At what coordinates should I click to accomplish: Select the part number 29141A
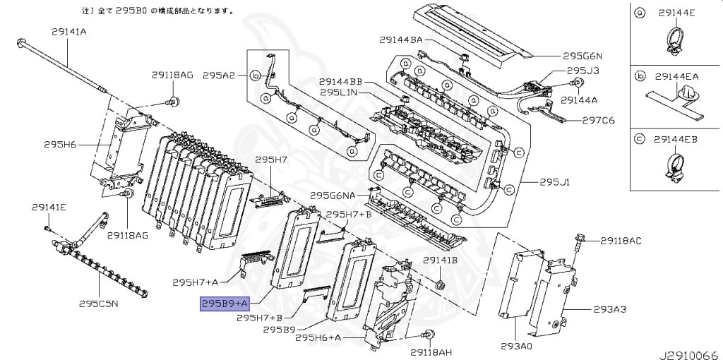click(x=68, y=31)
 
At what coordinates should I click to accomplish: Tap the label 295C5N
click(x=98, y=304)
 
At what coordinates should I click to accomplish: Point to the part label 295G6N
click(x=582, y=56)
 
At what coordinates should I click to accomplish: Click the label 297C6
click(x=598, y=120)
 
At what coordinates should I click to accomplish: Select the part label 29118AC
click(x=621, y=241)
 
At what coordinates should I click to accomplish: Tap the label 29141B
click(x=441, y=260)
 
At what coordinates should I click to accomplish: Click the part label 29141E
click(x=49, y=207)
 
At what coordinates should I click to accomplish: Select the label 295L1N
click(x=339, y=92)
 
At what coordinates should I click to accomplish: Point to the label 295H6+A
click(x=318, y=338)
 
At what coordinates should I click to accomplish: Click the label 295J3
click(x=583, y=71)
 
